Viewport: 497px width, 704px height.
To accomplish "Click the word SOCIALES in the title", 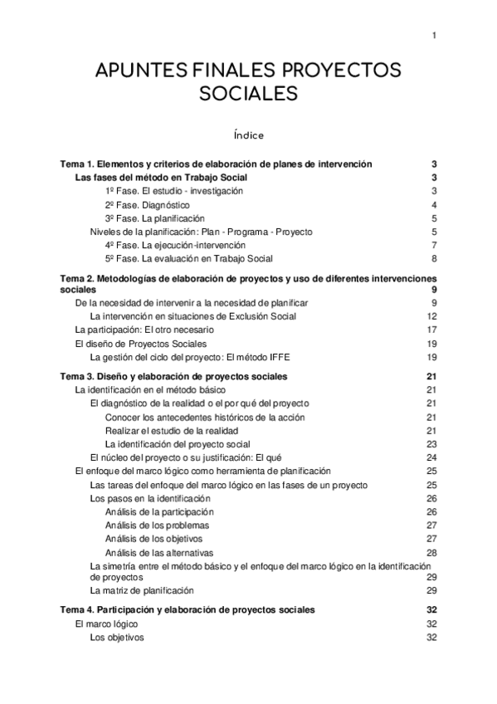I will (x=248, y=94).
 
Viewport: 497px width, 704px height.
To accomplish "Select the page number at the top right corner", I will (x=434, y=35).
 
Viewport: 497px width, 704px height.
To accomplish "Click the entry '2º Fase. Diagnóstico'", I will (x=148, y=205).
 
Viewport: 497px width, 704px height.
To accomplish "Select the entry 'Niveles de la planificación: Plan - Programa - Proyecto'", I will (x=201, y=232).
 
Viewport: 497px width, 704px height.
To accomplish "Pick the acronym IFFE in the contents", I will (x=279, y=357).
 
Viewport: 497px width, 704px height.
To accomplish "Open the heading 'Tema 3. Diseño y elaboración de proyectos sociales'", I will (x=175, y=376).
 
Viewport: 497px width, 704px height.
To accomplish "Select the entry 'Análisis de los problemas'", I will (x=157, y=526).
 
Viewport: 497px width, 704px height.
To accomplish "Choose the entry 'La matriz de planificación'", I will (x=141, y=591).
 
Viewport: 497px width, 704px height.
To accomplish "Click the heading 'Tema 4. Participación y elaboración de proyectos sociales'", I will (x=188, y=610).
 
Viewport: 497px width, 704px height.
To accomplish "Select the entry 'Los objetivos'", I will (x=116, y=638).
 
